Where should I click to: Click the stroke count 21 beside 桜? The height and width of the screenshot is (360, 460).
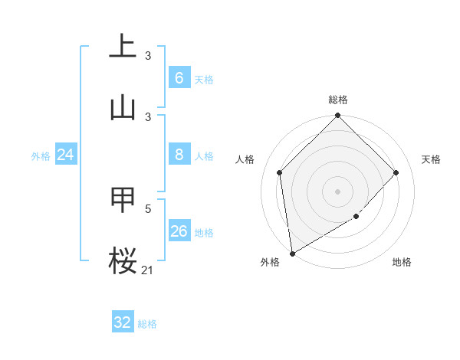point(147,270)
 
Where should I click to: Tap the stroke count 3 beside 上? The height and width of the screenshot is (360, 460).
point(148,56)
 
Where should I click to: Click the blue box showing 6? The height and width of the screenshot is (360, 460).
point(179,78)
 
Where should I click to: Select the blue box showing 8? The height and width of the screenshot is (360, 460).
point(179,155)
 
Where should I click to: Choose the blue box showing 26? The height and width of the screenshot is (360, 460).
point(179,231)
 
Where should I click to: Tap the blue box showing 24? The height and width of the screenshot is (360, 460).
point(66,155)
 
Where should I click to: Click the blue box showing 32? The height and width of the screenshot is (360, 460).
point(123,322)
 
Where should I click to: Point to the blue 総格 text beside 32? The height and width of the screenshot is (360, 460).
point(147,324)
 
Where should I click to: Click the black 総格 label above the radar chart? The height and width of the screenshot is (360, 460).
point(337,100)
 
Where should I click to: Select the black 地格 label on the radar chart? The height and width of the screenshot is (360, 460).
point(402,263)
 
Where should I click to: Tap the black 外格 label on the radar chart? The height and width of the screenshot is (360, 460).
point(270,263)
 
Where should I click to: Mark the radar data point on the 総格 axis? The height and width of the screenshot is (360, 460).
point(337,116)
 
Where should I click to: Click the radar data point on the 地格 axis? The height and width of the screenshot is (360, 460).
point(356,217)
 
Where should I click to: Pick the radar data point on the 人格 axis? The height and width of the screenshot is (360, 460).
point(280,172)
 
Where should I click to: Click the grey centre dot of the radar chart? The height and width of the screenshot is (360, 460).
point(337,191)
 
